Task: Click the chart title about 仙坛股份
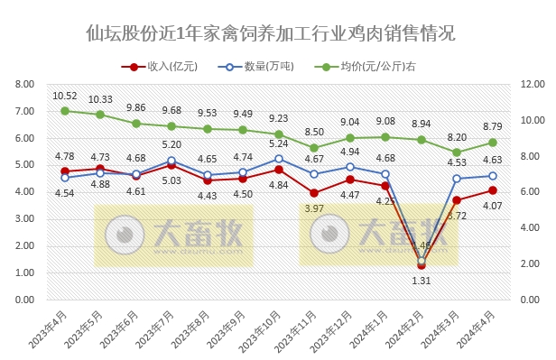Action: [270, 34]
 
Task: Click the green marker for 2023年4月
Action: [65, 111]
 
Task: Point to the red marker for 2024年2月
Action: [422, 264]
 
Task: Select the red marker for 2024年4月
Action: [493, 190]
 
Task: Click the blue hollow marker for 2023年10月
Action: [279, 159]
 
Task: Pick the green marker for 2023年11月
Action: [314, 148]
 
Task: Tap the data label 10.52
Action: [65, 96]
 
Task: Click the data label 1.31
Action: [422, 281]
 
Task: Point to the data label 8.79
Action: [493, 126]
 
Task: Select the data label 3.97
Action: [314, 209]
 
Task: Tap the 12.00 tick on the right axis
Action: [532, 85]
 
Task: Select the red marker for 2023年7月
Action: [171, 165]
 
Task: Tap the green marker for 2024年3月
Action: [457, 152]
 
